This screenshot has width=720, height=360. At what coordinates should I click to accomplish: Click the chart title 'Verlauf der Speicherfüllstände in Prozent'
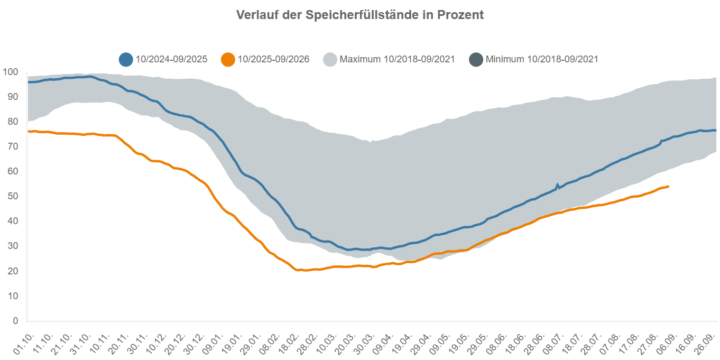359,15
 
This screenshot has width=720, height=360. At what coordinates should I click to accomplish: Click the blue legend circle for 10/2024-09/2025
126,59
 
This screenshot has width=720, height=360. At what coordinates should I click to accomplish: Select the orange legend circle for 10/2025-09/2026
228,59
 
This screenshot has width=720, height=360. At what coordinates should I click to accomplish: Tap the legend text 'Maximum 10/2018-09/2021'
397,59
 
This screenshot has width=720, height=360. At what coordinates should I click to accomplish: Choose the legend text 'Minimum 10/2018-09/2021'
542,59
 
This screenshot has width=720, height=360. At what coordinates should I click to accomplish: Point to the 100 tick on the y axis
10,72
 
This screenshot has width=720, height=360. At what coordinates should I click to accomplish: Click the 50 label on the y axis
13,196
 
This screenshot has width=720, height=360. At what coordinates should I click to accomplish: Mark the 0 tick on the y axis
15,320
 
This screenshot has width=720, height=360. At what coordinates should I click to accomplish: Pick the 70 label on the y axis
13,146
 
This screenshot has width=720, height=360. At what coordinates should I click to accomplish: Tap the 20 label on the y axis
13,271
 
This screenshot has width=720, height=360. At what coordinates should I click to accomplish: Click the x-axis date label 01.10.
24,344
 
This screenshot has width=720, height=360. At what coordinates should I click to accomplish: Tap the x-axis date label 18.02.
289,344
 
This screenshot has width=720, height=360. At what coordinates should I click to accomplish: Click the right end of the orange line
669,187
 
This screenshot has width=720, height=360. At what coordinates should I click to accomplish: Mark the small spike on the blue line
557,186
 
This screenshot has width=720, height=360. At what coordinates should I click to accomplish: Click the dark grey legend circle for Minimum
476,59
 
